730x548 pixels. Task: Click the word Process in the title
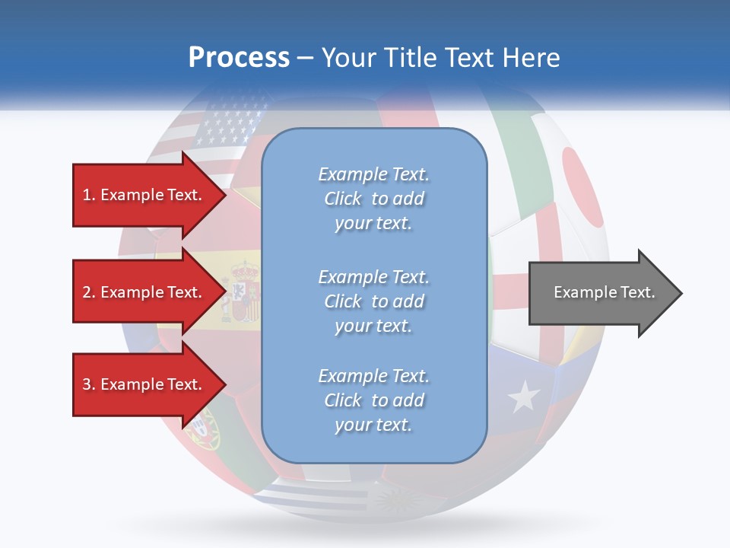pos(239,58)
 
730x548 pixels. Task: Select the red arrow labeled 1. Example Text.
pos(144,195)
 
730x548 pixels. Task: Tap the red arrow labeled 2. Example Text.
pos(144,292)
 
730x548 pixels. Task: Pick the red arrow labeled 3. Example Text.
pos(144,384)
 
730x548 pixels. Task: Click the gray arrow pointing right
pos(601,292)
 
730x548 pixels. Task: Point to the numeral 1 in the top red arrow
pos(86,195)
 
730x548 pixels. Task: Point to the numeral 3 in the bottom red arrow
pos(87,384)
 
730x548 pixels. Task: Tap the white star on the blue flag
pos(523,397)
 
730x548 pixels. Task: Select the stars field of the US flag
pos(228,122)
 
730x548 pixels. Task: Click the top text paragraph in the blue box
pos(373,199)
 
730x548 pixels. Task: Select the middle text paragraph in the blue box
pos(373,301)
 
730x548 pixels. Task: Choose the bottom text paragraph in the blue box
pos(373,400)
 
